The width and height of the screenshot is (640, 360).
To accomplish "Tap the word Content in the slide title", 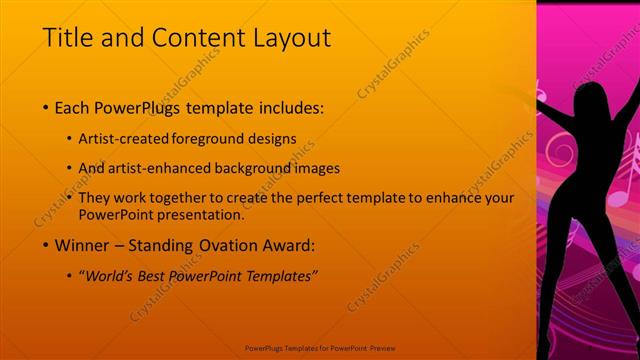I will pyautogui.click(x=187, y=38).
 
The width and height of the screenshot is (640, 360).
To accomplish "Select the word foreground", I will pyautogui.click(x=215, y=138).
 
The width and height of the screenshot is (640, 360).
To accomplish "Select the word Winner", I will pyautogui.click(x=80, y=245).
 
